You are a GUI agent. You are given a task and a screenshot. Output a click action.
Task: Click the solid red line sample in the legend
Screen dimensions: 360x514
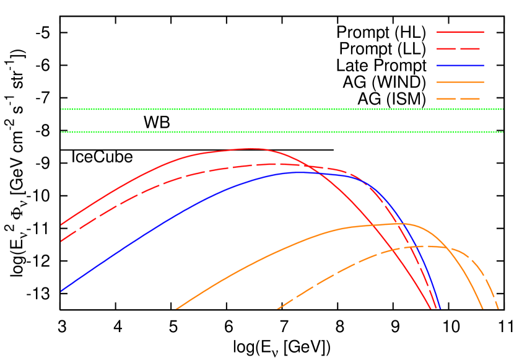tap(460, 32)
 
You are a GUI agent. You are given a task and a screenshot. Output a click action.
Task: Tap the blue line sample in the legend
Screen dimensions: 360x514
tap(460, 65)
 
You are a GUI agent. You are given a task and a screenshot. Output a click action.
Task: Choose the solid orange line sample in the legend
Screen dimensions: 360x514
tap(460, 82)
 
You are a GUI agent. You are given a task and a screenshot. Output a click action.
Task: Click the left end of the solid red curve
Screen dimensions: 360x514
tap(61, 224)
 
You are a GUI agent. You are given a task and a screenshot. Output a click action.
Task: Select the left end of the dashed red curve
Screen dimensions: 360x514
tap(61, 241)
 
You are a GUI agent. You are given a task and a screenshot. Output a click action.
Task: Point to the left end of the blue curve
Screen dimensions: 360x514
tap(61, 290)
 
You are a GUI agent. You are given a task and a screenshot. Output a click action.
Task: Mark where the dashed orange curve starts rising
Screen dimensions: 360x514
tap(278, 308)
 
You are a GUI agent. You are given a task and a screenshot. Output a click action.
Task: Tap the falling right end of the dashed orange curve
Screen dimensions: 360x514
tap(498, 308)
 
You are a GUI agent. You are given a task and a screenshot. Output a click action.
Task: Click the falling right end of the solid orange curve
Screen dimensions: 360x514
tap(482, 308)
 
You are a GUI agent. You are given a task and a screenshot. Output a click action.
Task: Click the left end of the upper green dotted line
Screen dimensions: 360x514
tap(61, 109)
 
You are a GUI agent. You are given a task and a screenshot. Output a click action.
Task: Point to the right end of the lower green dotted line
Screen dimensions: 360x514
tap(502, 132)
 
